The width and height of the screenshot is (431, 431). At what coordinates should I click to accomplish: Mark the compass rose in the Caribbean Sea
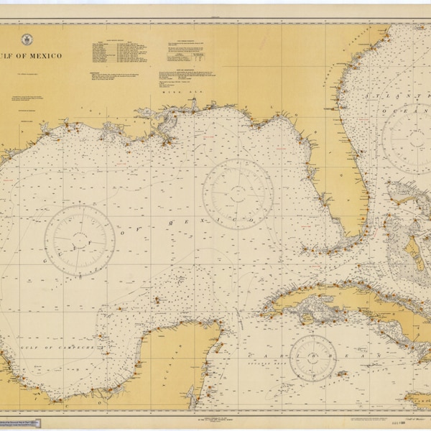(x=313, y=358)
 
